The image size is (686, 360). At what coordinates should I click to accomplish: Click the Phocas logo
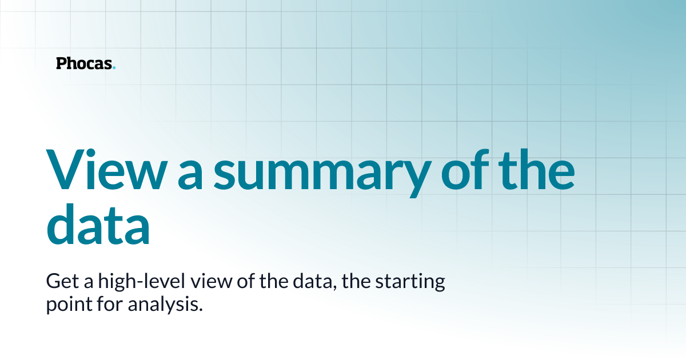(x=85, y=63)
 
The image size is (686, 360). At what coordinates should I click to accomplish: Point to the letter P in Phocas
(x=61, y=63)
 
